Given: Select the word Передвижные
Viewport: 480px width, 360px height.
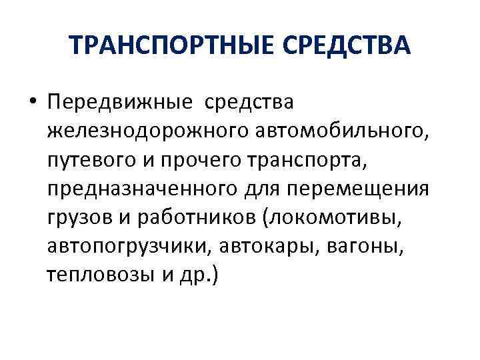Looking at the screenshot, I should click(x=118, y=104).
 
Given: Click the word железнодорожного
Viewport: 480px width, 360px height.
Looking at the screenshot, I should click(x=149, y=133).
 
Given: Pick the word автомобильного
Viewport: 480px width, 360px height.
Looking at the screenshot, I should click(x=344, y=133).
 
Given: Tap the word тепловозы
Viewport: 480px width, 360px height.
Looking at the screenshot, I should click(x=97, y=275).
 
